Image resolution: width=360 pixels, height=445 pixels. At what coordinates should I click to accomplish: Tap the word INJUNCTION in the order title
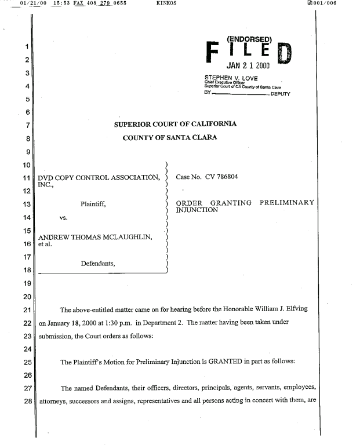click(x=197, y=210)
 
